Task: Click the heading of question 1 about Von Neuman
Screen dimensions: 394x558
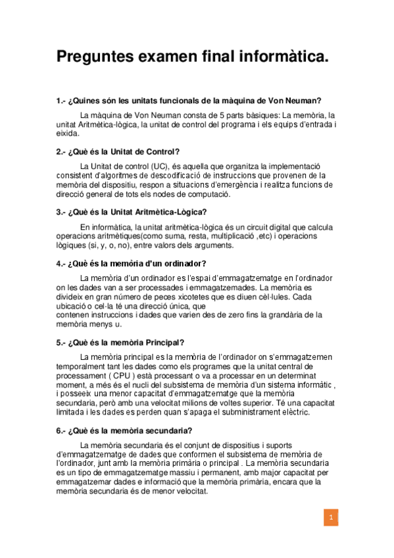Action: coord(189,101)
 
